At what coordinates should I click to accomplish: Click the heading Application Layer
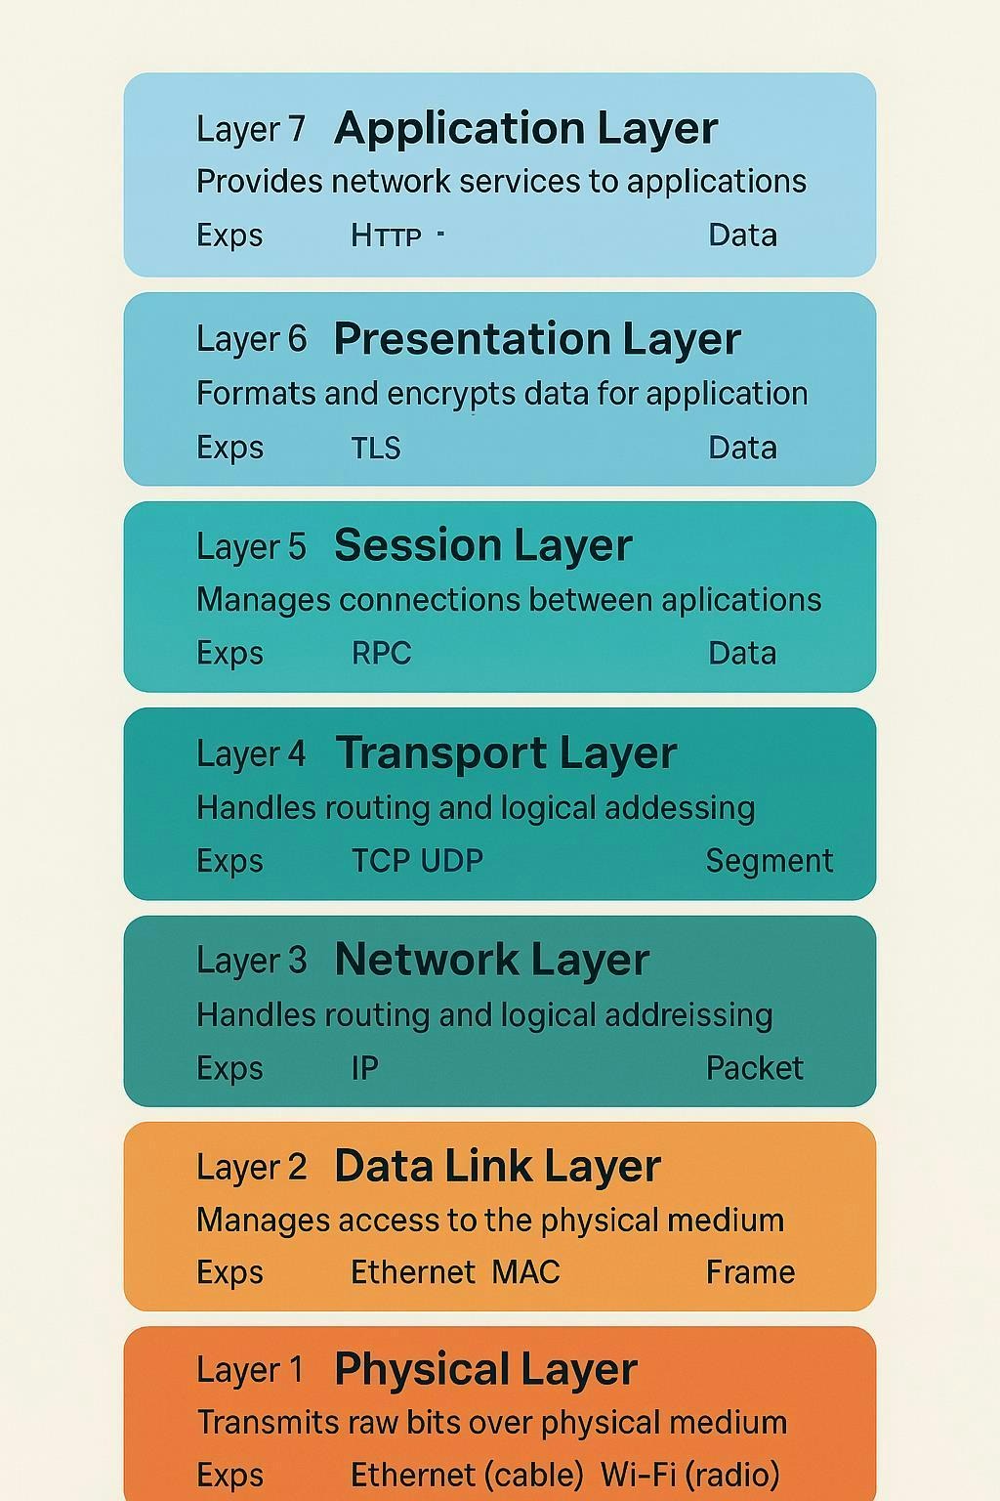(x=525, y=129)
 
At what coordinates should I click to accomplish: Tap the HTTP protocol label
(x=386, y=236)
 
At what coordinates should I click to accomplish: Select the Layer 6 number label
(x=251, y=339)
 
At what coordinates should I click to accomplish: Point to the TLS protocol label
(x=376, y=448)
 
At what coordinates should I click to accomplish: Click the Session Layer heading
(x=483, y=545)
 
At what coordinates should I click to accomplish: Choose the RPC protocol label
(x=381, y=654)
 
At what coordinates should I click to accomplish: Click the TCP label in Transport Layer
(x=381, y=861)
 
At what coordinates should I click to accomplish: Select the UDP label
(x=452, y=861)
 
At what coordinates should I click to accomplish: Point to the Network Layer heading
(x=491, y=961)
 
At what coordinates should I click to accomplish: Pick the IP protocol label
(x=364, y=1068)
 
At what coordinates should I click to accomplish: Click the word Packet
(x=754, y=1068)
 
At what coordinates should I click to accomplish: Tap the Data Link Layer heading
(x=497, y=1167)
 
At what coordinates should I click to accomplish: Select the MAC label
(x=525, y=1272)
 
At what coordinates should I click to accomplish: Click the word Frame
(x=750, y=1272)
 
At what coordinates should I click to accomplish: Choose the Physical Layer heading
(x=485, y=1369)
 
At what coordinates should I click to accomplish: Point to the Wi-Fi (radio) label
(x=689, y=1475)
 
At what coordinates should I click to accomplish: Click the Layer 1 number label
(x=250, y=1369)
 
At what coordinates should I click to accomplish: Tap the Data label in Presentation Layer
(x=743, y=448)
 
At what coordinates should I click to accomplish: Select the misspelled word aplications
(x=741, y=600)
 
